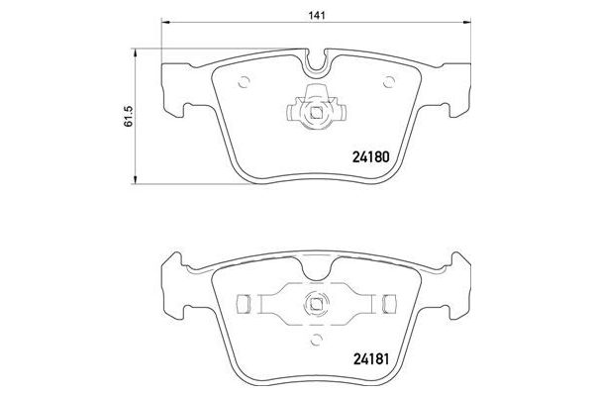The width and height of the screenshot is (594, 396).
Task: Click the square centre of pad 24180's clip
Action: point(317,111)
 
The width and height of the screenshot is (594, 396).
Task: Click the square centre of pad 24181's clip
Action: point(317,305)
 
